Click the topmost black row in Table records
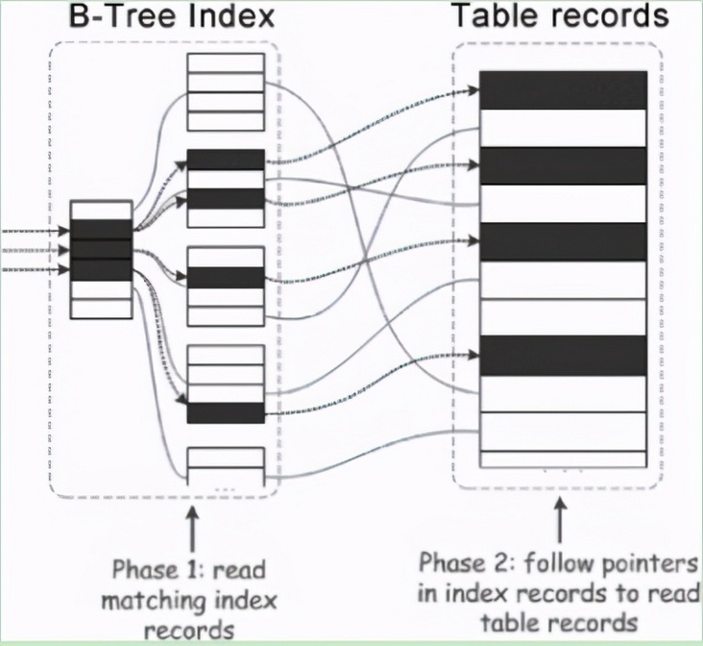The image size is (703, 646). pyautogui.click(x=562, y=89)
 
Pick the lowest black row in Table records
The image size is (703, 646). pyautogui.click(x=562, y=355)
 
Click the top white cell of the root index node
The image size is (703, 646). pyautogui.click(x=101, y=211)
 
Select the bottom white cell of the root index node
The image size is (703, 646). pyautogui.click(x=101, y=309)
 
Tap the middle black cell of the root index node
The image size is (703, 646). pyautogui.click(x=101, y=250)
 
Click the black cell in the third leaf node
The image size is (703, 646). pyautogui.click(x=225, y=277)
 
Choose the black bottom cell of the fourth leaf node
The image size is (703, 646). pyautogui.click(x=225, y=412)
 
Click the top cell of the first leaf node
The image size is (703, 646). pyautogui.click(x=225, y=63)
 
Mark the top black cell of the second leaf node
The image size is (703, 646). pyautogui.click(x=225, y=160)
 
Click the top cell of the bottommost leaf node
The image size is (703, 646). pyautogui.click(x=225, y=458)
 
